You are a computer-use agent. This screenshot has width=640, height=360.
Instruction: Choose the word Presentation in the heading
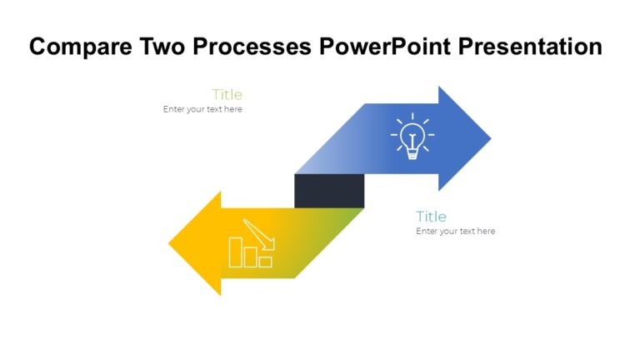click(528, 47)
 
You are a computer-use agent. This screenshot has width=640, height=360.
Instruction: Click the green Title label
click(227, 94)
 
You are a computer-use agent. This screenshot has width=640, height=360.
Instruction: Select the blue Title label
click(432, 217)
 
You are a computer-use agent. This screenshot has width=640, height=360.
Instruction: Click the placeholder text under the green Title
click(202, 109)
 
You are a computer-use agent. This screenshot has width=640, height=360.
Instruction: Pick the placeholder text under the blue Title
click(455, 231)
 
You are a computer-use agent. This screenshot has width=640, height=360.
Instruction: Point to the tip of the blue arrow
click(489, 138)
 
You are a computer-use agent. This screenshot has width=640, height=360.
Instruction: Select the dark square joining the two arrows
click(329, 191)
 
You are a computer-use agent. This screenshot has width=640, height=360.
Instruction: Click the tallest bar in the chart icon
click(236, 252)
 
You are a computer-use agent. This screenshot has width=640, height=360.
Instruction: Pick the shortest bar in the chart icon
click(266, 262)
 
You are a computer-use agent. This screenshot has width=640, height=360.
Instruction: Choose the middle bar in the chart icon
click(251, 257)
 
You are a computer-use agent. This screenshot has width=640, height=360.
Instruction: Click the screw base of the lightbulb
click(412, 152)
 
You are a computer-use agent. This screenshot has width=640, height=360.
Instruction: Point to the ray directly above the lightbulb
click(412, 117)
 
